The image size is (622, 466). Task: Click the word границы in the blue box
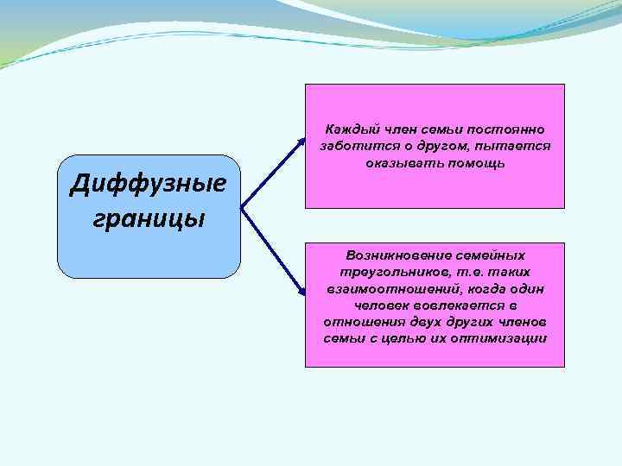(x=148, y=217)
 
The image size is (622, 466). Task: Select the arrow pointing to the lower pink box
(x=275, y=253)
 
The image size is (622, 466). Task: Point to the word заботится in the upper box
(x=349, y=147)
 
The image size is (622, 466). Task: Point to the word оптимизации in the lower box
(x=505, y=338)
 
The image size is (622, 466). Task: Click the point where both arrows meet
(x=242, y=209)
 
